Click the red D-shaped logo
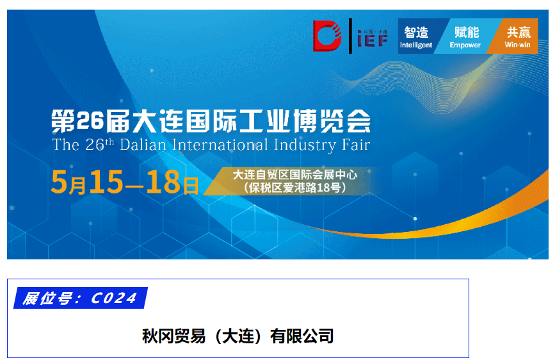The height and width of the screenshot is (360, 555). click(x=327, y=35)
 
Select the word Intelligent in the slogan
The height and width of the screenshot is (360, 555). click(x=416, y=45)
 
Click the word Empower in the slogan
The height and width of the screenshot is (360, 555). click(x=465, y=45)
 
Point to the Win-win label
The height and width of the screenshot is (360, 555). click(x=517, y=45)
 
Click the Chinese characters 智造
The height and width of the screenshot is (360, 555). click(x=416, y=31)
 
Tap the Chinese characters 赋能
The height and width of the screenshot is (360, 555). click(x=467, y=31)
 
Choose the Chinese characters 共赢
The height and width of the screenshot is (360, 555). click(x=519, y=31)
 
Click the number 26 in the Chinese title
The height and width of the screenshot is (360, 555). click(x=89, y=120)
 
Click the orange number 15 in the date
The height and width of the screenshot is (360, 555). click(x=106, y=183)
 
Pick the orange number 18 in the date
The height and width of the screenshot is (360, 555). click(x=163, y=183)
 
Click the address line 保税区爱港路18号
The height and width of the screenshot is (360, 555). click(x=295, y=188)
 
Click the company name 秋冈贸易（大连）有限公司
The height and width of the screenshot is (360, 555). click(x=237, y=336)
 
